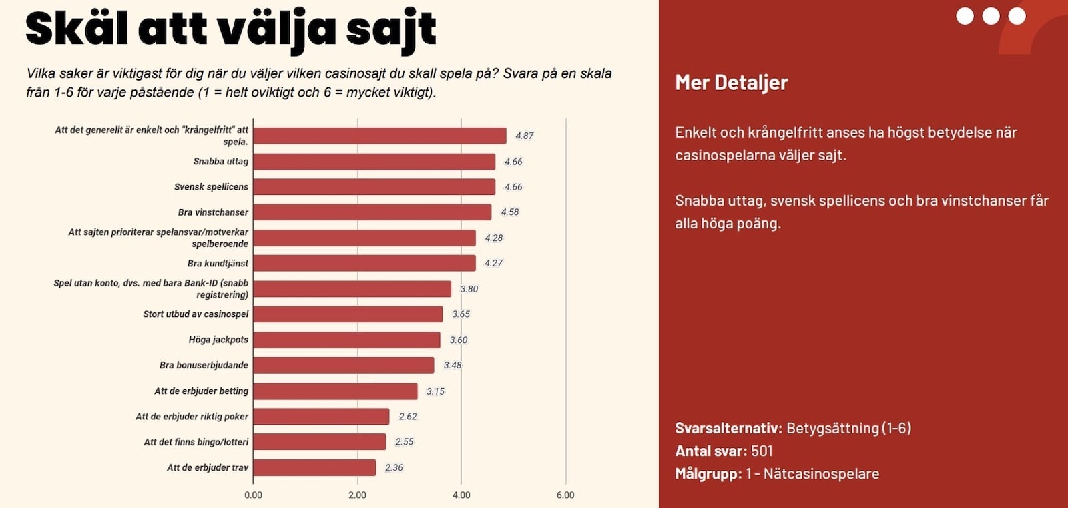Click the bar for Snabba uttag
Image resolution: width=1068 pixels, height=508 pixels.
point(374,162)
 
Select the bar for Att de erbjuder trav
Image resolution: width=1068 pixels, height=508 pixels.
point(314,467)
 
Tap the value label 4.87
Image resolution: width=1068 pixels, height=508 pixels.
point(524,136)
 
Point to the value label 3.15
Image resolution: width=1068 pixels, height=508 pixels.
point(435,391)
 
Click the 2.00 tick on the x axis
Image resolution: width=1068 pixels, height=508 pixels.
point(357,495)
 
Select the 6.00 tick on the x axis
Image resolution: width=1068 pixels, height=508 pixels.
point(565,495)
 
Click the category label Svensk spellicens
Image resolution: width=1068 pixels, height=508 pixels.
point(211,187)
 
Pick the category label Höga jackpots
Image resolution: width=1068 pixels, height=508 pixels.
point(218,340)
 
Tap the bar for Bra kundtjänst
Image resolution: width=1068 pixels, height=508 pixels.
point(364,263)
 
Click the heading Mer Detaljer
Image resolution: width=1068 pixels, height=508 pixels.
point(731,83)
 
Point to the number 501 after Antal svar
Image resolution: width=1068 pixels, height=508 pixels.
point(762,451)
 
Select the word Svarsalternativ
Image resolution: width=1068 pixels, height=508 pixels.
point(728,428)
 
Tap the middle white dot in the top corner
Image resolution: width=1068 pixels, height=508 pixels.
point(991,16)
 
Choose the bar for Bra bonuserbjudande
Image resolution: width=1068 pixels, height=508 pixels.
point(343,365)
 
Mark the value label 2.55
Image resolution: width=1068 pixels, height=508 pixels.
point(404,442)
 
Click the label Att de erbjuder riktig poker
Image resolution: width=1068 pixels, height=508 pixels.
point(192,417)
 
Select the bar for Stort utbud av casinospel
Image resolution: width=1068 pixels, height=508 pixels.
point(348,314)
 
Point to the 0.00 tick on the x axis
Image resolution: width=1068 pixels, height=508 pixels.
point(253,495)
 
